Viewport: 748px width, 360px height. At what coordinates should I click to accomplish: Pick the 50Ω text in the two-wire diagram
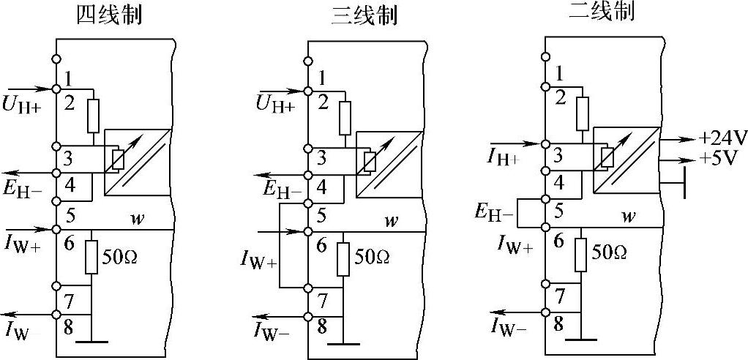pyautogui.click(x=609, y=252)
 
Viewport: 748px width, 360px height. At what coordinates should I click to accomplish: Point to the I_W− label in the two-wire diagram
pyautogui.click(x=509, y=329)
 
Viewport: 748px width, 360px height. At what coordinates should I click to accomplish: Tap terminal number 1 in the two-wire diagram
pyautogui.click(x=559, y=72)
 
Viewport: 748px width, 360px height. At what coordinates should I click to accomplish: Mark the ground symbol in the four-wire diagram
pyautogui.click(x=91, y=342)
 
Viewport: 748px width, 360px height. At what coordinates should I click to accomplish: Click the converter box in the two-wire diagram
pyautogui.click(x=627, y=160)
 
